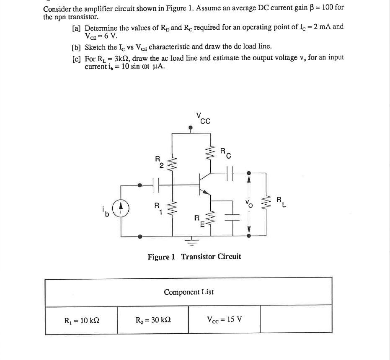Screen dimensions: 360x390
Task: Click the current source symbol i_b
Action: tap(121, 208)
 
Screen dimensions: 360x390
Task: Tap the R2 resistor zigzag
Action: tap(172, 165)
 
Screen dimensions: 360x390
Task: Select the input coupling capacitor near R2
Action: tap(156, 184)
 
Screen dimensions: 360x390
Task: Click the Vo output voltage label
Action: tap(239, 205)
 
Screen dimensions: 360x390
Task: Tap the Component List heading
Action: tap(189, 292)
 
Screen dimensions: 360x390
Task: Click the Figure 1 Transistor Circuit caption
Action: tap(194, 256)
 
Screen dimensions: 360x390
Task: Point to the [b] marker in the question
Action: tap(77, 46)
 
